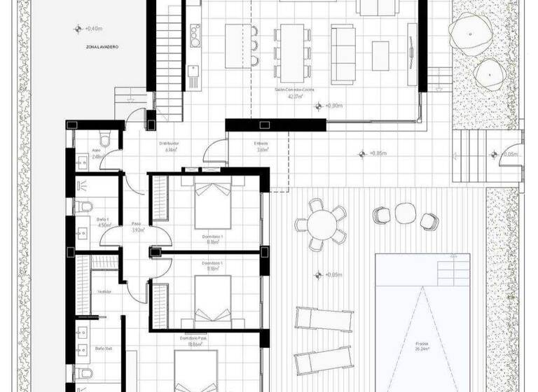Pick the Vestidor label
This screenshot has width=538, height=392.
pos(103,291)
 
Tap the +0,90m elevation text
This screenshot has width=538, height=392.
pos(333,106)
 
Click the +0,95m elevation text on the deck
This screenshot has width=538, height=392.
pos(332,274)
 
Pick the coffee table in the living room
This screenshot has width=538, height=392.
pos(380,53)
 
